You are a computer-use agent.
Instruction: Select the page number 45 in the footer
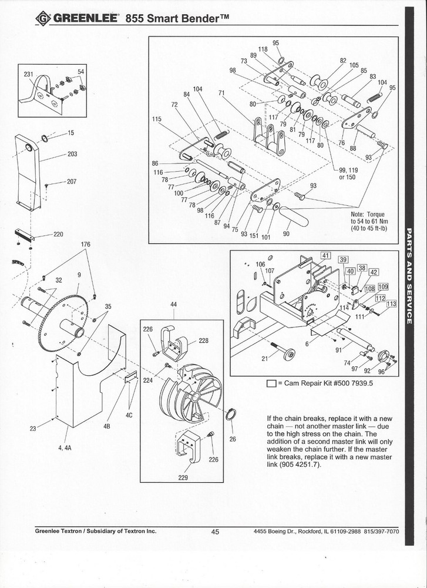(215, 532)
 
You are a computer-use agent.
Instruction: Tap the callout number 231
(28, 74)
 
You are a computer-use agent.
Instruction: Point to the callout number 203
(72, 154)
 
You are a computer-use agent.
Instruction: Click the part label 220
(58, 234)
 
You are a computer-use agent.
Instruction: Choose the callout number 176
(85, 244)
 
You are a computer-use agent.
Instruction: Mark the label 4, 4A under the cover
(65, 447)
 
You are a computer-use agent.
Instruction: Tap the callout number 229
(183, 477)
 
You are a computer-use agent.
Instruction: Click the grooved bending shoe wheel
(188, 390)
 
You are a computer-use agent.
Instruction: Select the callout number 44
(173, 304)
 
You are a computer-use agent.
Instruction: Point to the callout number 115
(156, 119)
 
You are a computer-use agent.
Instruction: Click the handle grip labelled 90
(294, 215)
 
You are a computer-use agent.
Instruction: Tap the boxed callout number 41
(325, 256)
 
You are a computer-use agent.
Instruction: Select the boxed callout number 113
(391, 303)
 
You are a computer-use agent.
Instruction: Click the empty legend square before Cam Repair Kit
(271, 384)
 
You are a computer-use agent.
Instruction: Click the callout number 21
(265, 359)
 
